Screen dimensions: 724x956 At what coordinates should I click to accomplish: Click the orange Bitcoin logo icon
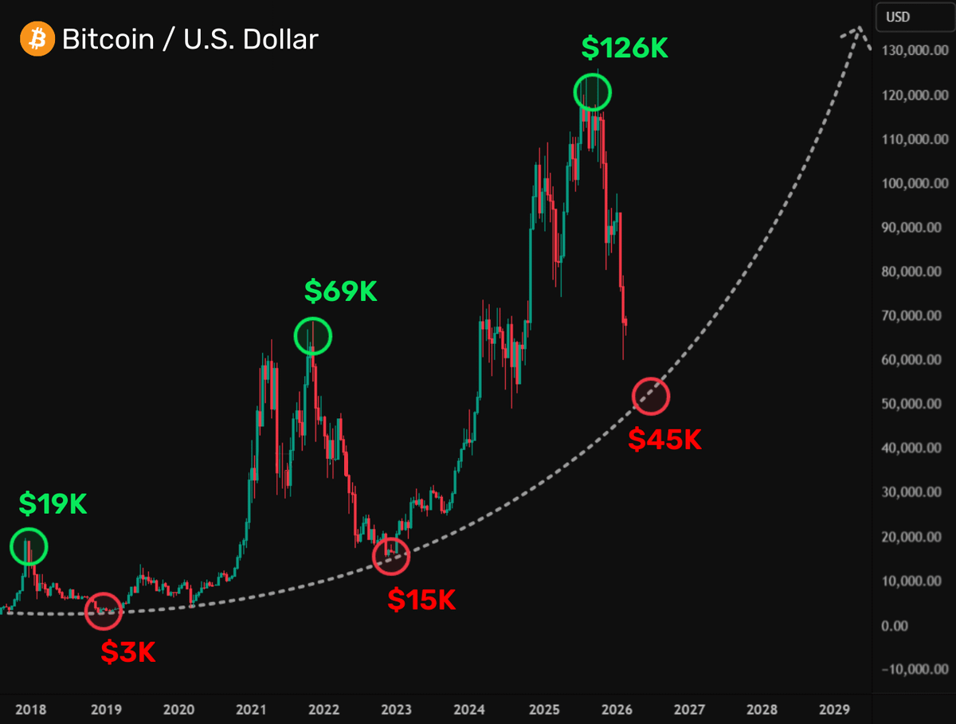tap(36, 38)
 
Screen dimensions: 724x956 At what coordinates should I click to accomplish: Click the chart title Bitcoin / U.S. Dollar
tap(190, 39)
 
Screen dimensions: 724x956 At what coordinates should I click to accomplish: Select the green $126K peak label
tap(625, 48)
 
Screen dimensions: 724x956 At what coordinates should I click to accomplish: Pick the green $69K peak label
tap(340, 292)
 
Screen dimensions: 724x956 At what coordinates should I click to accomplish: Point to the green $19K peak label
tap(53, 503)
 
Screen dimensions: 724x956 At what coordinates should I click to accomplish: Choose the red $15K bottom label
tap(421, 600)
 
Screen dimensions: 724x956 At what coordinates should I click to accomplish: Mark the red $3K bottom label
tap(127, 652)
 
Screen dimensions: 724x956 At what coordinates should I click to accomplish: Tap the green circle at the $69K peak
tap(312, 336)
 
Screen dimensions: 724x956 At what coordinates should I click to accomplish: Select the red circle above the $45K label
tap(651, 396)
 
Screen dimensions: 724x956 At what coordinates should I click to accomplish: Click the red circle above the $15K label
tap(390, 556)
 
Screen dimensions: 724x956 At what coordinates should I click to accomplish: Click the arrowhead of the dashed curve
tap(857, 33)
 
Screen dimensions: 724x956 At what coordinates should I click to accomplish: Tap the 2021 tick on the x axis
tap(251, 708)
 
